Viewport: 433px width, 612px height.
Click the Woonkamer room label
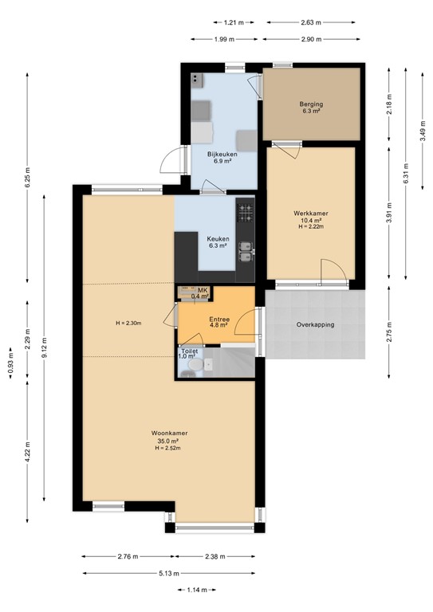point(165,433)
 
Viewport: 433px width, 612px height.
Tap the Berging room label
point(310,104)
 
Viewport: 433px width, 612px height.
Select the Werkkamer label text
point(310,214)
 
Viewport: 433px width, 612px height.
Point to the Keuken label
point(218,239)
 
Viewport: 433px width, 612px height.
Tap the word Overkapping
point(315,325)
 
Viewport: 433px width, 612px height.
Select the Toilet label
point(189,351)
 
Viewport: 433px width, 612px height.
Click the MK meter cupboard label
point(203,289)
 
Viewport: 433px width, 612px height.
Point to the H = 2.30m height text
point(128,323)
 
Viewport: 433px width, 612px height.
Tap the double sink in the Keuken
point(246,251)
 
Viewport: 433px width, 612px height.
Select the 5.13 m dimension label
point(167,573)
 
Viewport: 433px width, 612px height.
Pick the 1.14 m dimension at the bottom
point(197,590)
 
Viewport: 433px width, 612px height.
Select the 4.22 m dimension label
point(28,454)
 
